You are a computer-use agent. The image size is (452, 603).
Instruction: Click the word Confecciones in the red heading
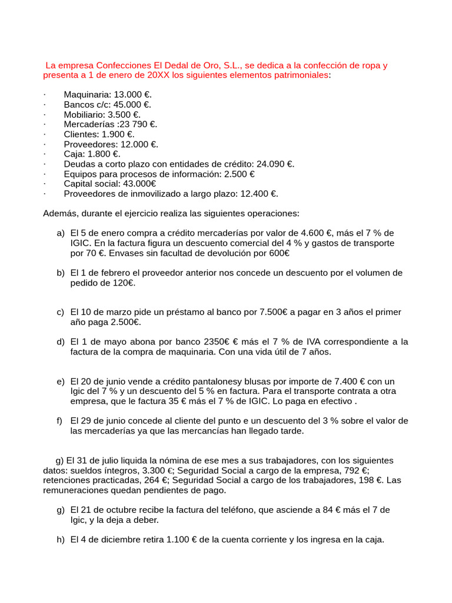[x=112, y=65]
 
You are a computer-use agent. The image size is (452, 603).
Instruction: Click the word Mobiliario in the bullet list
[x=84, y=114]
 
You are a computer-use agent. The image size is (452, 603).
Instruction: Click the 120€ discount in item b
[x=124, y=283]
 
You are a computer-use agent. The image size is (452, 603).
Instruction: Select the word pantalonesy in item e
[x=210, y=381]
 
